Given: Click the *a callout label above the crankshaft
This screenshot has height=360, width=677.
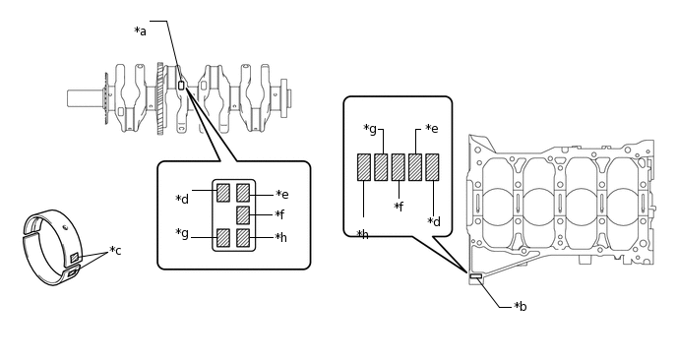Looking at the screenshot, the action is (x=141, y=31).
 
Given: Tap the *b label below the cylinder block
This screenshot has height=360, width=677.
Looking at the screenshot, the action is (x=521, y=306).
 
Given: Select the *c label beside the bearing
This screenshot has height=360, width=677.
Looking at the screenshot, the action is (x=115, y=250).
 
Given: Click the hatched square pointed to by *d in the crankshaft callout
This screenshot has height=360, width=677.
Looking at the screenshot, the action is (x=223, y=193).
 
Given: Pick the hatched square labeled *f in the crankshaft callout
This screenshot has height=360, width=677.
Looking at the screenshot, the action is (x=243, y=215).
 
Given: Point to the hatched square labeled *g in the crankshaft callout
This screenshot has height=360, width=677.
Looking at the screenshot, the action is (x=223, y=237).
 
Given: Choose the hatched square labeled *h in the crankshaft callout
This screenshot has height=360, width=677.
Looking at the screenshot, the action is (x=243, y=237).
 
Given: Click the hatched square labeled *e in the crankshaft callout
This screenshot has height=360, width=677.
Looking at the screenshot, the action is (x=243, y=193).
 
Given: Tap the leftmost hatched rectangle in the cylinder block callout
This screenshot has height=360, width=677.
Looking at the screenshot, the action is (x=364, y=167).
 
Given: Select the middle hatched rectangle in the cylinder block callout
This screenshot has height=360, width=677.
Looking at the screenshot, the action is (x=399, y=167).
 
